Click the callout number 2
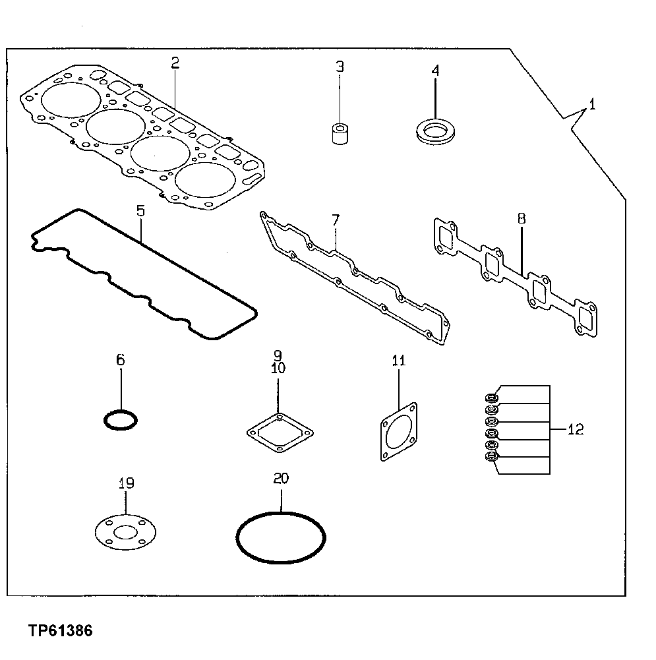point(175,63)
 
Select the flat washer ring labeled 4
point(434,129)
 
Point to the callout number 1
point(592,104)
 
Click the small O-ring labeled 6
point(121,419)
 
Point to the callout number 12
point(575,430)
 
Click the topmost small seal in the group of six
point(492,398)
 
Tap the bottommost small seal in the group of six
point(492,457)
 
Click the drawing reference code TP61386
point(61,631)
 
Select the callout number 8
point(522,219)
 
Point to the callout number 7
point(335,220)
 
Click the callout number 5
point(140,211)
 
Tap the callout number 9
point(278,355)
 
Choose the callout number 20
point(281,479)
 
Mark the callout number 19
point(126,483)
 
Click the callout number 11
point(399,361)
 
